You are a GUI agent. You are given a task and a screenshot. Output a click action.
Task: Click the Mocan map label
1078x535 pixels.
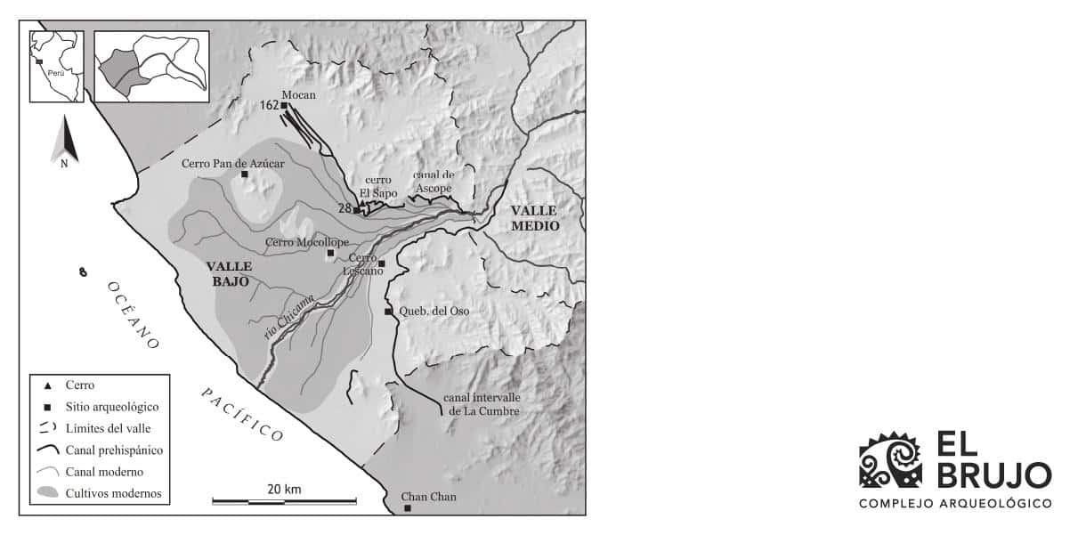click(298, 95)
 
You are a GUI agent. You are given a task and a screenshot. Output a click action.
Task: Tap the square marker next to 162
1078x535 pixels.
click(284, 106)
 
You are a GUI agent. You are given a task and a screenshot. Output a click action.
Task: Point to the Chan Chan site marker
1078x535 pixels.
click(408, 508)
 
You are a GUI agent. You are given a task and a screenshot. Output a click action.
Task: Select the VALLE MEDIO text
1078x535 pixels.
click(534, 218)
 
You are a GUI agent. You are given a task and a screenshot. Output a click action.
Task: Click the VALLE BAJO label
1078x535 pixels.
click(230, 273)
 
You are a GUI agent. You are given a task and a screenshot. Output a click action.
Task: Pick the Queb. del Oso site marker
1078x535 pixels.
click(388, 312)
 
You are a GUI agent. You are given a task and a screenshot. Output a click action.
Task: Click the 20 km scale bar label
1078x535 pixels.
click(284, 489)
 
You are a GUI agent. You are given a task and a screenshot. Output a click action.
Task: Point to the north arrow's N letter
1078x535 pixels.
click(64, 164)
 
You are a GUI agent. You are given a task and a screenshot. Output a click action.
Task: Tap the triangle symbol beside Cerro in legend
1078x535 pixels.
click(46, 385)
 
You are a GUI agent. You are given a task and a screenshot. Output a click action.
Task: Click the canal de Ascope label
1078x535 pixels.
click(432, 182)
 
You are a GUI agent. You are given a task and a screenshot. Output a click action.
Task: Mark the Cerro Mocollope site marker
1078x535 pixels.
click(330, 253)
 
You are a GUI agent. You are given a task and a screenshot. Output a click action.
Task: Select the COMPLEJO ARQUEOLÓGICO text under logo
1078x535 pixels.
click(955, 504)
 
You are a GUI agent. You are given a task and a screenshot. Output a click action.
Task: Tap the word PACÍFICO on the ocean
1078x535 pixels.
click(241, 414)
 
